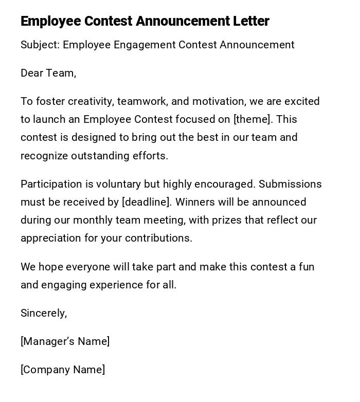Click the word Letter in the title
pos(250,21)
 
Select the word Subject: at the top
pos(40,45)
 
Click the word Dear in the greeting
pos(32,73)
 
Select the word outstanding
pos(106,156)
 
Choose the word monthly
pos(92,221)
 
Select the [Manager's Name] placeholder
pos(65,341)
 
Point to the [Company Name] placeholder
pos(63,370)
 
